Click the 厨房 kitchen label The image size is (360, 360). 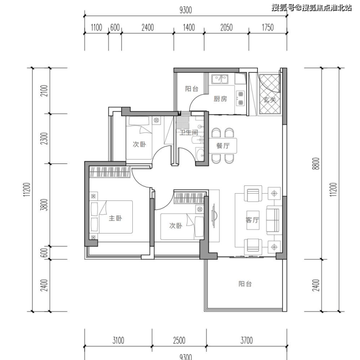[x=220, y=99]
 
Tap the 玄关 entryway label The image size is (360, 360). [x=270, y=100]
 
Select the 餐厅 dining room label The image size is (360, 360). [x=223, y=145]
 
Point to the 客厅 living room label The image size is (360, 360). [x=252, y=220]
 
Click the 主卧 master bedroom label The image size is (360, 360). [x=115, y=218]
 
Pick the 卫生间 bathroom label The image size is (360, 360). [x=189, y=132]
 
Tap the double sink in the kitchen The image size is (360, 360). [x=220, y=79]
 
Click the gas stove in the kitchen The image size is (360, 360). [x=240, y=98]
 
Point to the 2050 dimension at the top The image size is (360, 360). [x=226, y=28]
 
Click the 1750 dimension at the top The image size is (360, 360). [x=268, y=28]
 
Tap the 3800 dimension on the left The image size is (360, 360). [x=44, y=205]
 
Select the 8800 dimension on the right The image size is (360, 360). [x=316, y=163]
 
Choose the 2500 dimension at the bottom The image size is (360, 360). [x=179, y=341]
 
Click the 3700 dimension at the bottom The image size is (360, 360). [x=246, y=341]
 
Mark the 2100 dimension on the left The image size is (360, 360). [x=44, y=90]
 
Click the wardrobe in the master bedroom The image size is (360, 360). [x=110, y=172]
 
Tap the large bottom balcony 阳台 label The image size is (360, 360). [x=245, y=284]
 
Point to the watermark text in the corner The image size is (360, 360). [x=311, y=8]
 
